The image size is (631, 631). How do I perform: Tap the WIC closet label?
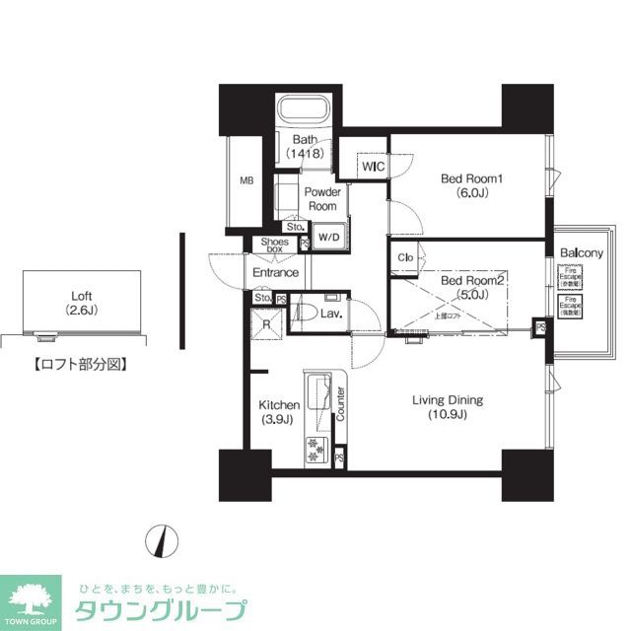pyautogui.click(x=373, y=168)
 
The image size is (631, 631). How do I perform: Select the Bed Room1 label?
pyautogui.click(x=471, y=185)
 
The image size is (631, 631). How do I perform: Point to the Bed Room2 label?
pyautogui.click(x=471, y=287)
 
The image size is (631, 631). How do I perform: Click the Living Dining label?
pyautogui.click(x=447, y=407)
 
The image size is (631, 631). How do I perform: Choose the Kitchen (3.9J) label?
pyautogui.click(x=278, y=412)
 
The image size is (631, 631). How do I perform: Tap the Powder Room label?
pyautogui.click(x=321, y=199)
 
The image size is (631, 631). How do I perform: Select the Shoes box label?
pyautogui.click(x=275, y=246)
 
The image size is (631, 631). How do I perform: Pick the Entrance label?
pyautogui.click(x=275, y=272)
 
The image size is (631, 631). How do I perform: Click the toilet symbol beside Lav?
pyautogui.click(x=307, y=314)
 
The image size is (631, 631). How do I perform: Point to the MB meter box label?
pyautogui.click(x=245, y=180)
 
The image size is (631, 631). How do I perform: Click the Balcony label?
pyautogui.click(x=581, y=253)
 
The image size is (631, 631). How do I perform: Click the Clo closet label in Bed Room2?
pyautogui.click(x=404, y=258)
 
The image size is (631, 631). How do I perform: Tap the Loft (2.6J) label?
pyautogui.click(x=80, y=303)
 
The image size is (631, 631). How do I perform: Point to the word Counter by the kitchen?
pyautogui.click(x=341, y=404)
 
